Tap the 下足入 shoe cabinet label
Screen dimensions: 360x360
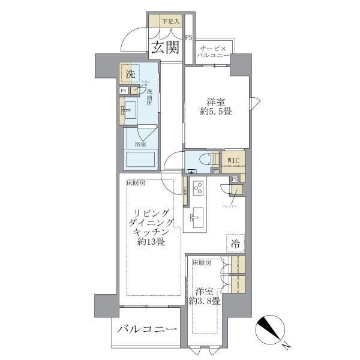(170, 22)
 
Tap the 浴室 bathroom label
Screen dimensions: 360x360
(141, 144)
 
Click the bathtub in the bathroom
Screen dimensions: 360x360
(141, 160)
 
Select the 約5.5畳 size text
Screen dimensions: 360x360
(215, 111)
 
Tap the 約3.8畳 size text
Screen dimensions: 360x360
(205, 300)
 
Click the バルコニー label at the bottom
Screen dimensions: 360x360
(147, 329)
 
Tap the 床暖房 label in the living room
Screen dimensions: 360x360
(135, 184)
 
